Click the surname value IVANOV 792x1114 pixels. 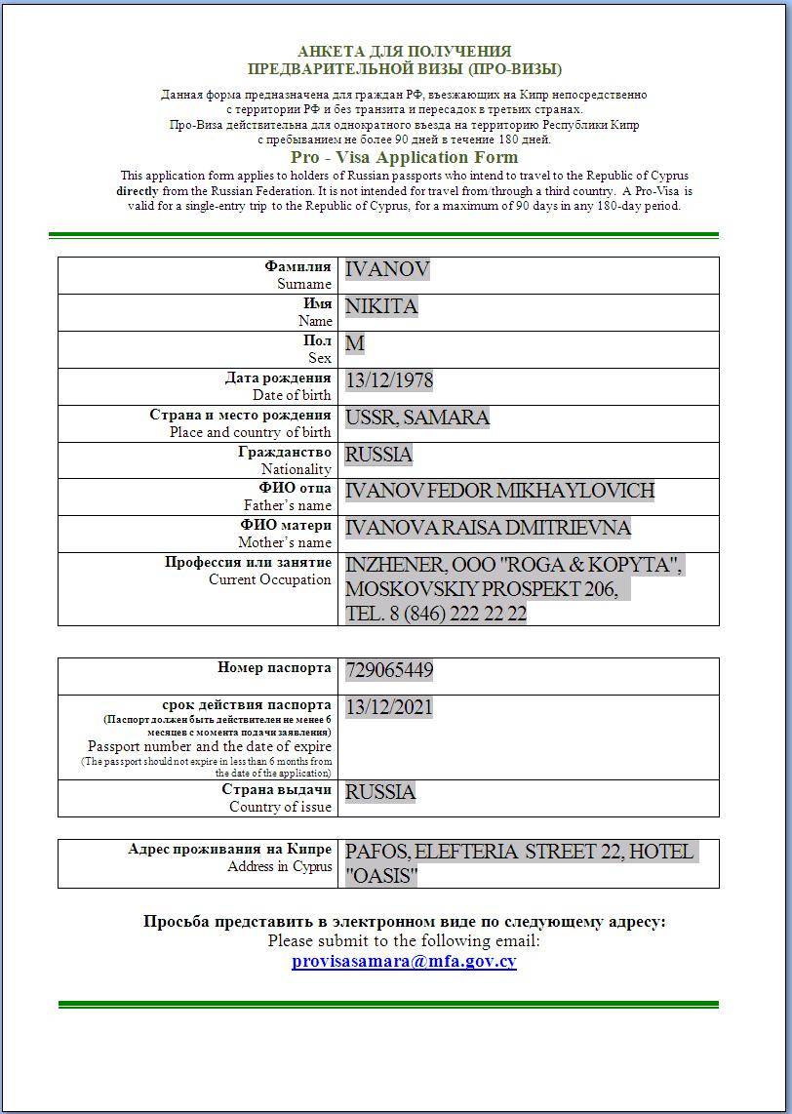[387, 270]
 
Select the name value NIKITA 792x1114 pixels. [381, 307]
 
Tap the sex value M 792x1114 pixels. [354, 343]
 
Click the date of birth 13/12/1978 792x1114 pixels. [389, 380]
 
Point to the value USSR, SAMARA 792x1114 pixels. [416, 418]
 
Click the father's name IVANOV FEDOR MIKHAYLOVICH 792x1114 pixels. [499, 491]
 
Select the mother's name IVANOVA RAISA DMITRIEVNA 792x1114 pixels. [488, 528]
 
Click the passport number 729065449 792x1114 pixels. [389, 670]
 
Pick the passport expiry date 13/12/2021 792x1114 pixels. [389, 707]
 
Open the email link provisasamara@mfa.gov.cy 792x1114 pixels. [404, 961]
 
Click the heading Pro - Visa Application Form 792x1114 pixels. [404, 157]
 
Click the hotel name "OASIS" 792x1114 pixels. [381, 876]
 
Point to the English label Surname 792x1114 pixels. [304, 284]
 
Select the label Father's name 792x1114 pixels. [288, 505]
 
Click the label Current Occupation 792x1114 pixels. [270, 579]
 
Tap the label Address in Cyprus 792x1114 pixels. [280, 866]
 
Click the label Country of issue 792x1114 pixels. [281, 807]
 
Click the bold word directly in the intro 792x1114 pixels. [137, 191]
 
